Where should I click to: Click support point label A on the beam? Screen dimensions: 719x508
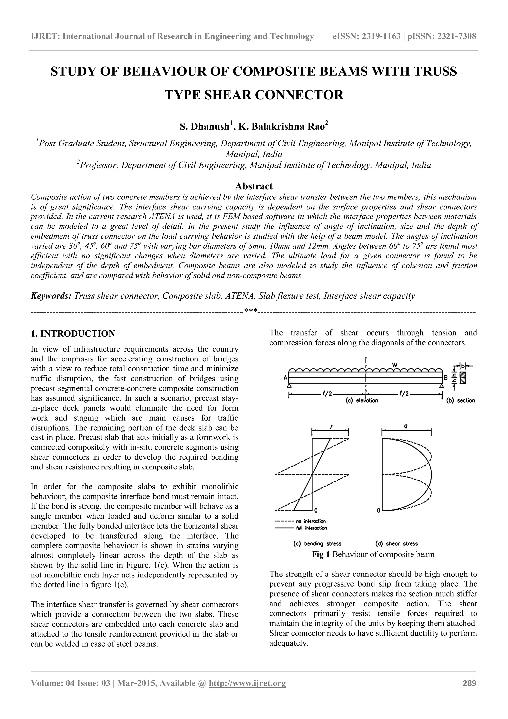(285, 378)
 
